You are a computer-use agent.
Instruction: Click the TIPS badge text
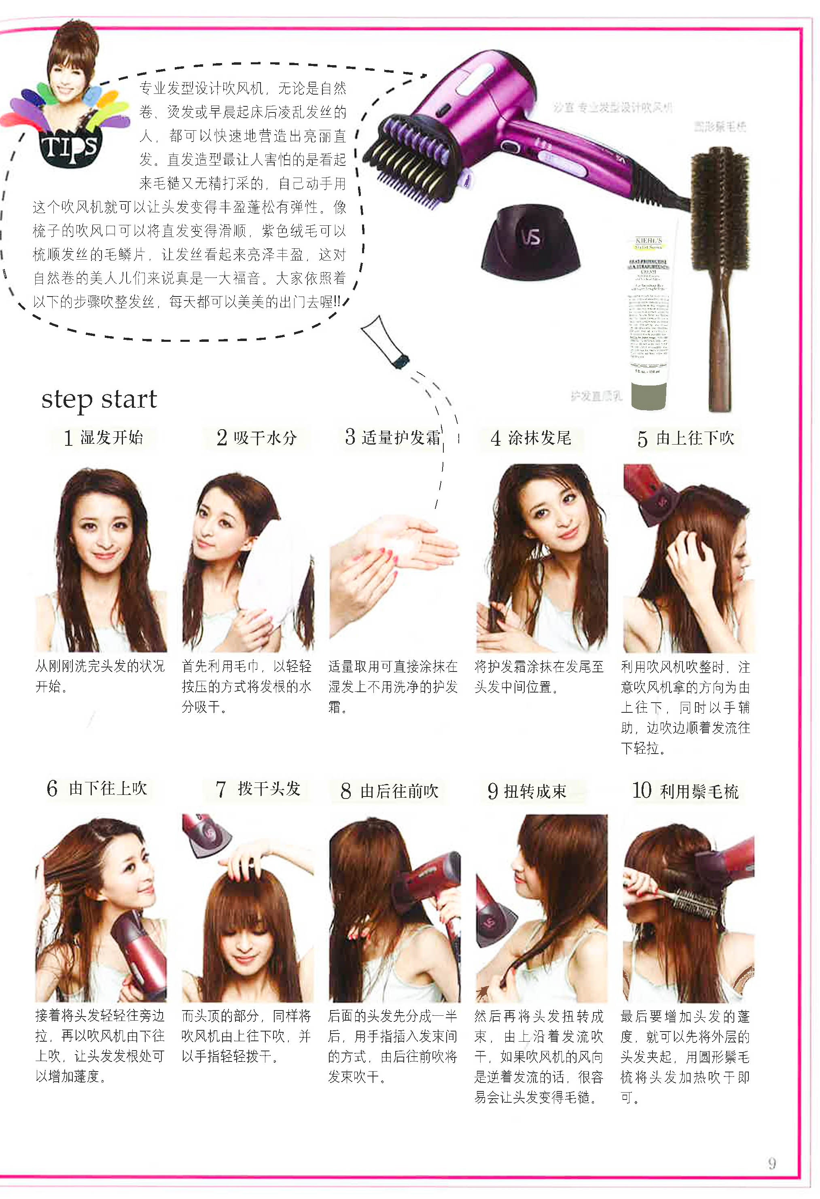(69, 147)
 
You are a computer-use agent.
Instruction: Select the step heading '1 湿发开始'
(104, 438)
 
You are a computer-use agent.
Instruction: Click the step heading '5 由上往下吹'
(686, 439)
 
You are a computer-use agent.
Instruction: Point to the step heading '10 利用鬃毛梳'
(685, 790)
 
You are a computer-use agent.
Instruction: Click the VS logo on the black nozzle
(530, 237)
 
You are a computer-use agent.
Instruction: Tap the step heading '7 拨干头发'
(259, 789)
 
